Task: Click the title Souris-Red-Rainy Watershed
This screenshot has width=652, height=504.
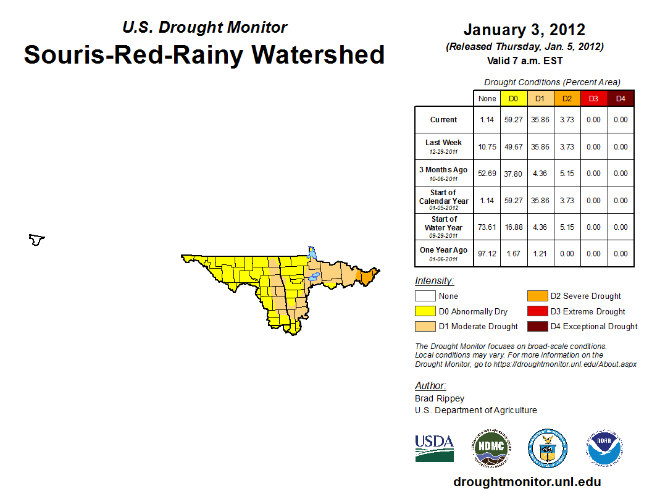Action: (204, 55)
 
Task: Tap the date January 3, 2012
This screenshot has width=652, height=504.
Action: (524, 30)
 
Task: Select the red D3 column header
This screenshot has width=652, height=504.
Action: (593, 98)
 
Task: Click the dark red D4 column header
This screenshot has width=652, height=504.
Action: (621, 98)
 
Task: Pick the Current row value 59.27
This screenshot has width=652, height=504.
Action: (513, 120)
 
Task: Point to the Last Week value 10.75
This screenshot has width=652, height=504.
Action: (487, 147)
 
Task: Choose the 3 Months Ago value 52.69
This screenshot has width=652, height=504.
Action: (487, 174)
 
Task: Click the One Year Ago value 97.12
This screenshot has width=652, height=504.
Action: (487, 254)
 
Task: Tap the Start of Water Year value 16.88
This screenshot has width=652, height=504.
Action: (513, 227)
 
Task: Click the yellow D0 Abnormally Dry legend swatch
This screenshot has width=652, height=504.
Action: (425, 311)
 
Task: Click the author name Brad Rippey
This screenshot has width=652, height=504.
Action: (439, 399)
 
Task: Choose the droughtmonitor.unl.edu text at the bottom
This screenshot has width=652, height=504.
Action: (527, 482)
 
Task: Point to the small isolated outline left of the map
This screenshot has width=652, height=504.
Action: (37, 240)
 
